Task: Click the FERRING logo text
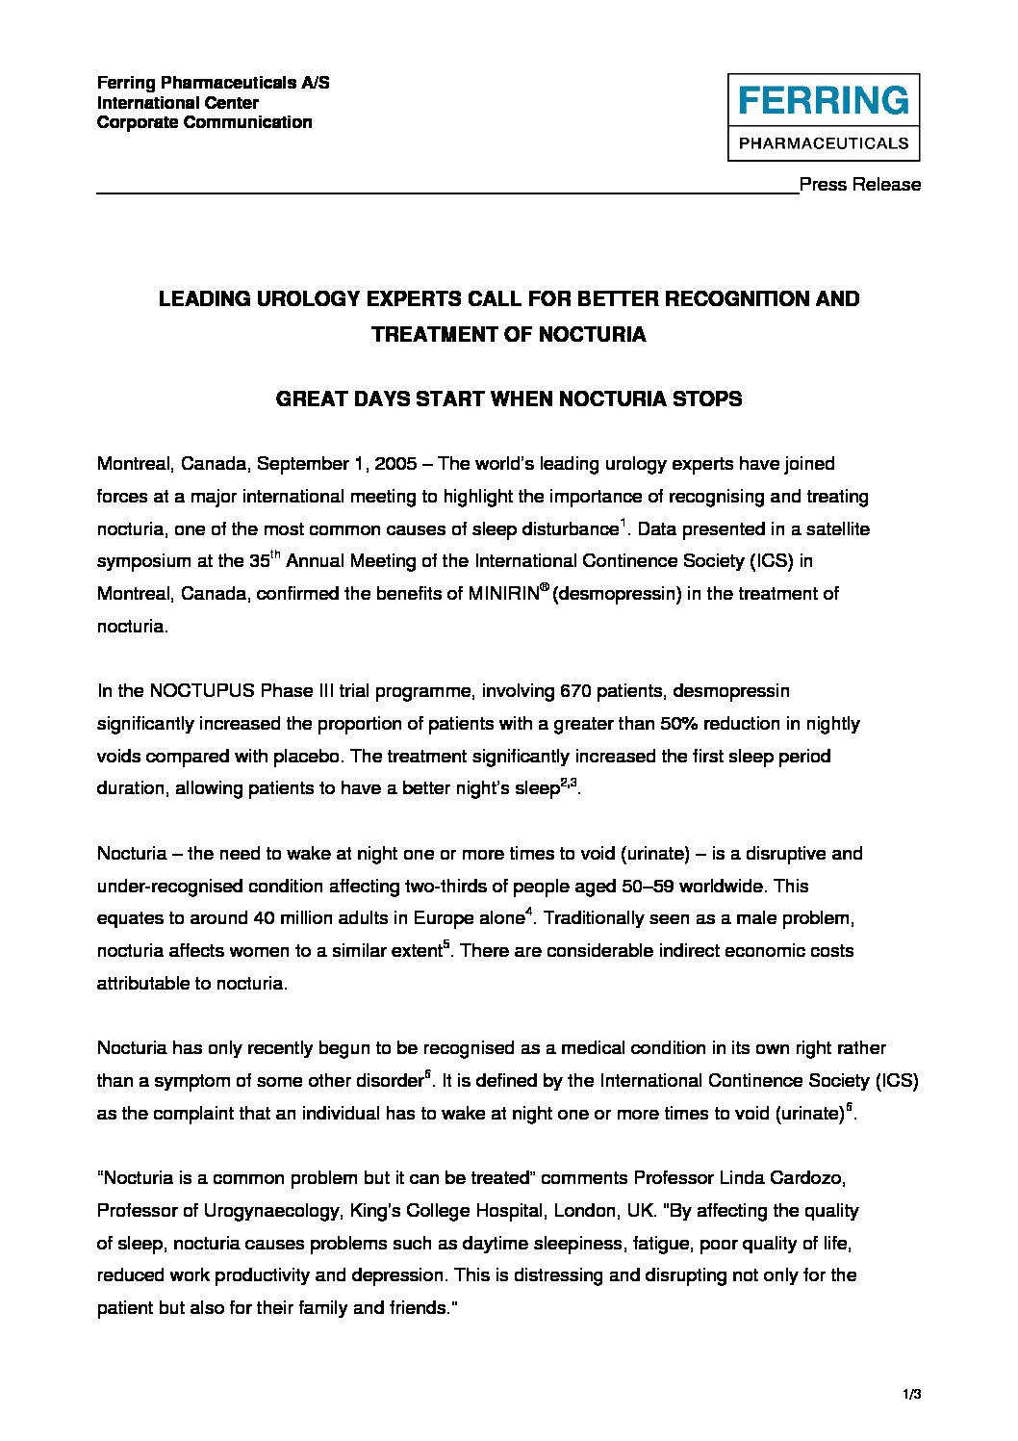pyautogui.click(x=824, y=100)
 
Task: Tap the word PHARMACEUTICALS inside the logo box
pyautogui.click(x=824, y=143)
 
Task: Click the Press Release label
pyautogui.click(x=860, y=185)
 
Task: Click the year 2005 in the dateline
pyautogui.click(x=395, y=464)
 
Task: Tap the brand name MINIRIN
pyautogui.click(x=503, y=594)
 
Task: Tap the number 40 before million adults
pyautogui.click(x=264, y=918)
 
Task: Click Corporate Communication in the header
pyautogui.click(x=204, y=122)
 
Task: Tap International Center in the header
pyautogui.click(x=178, y=103)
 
